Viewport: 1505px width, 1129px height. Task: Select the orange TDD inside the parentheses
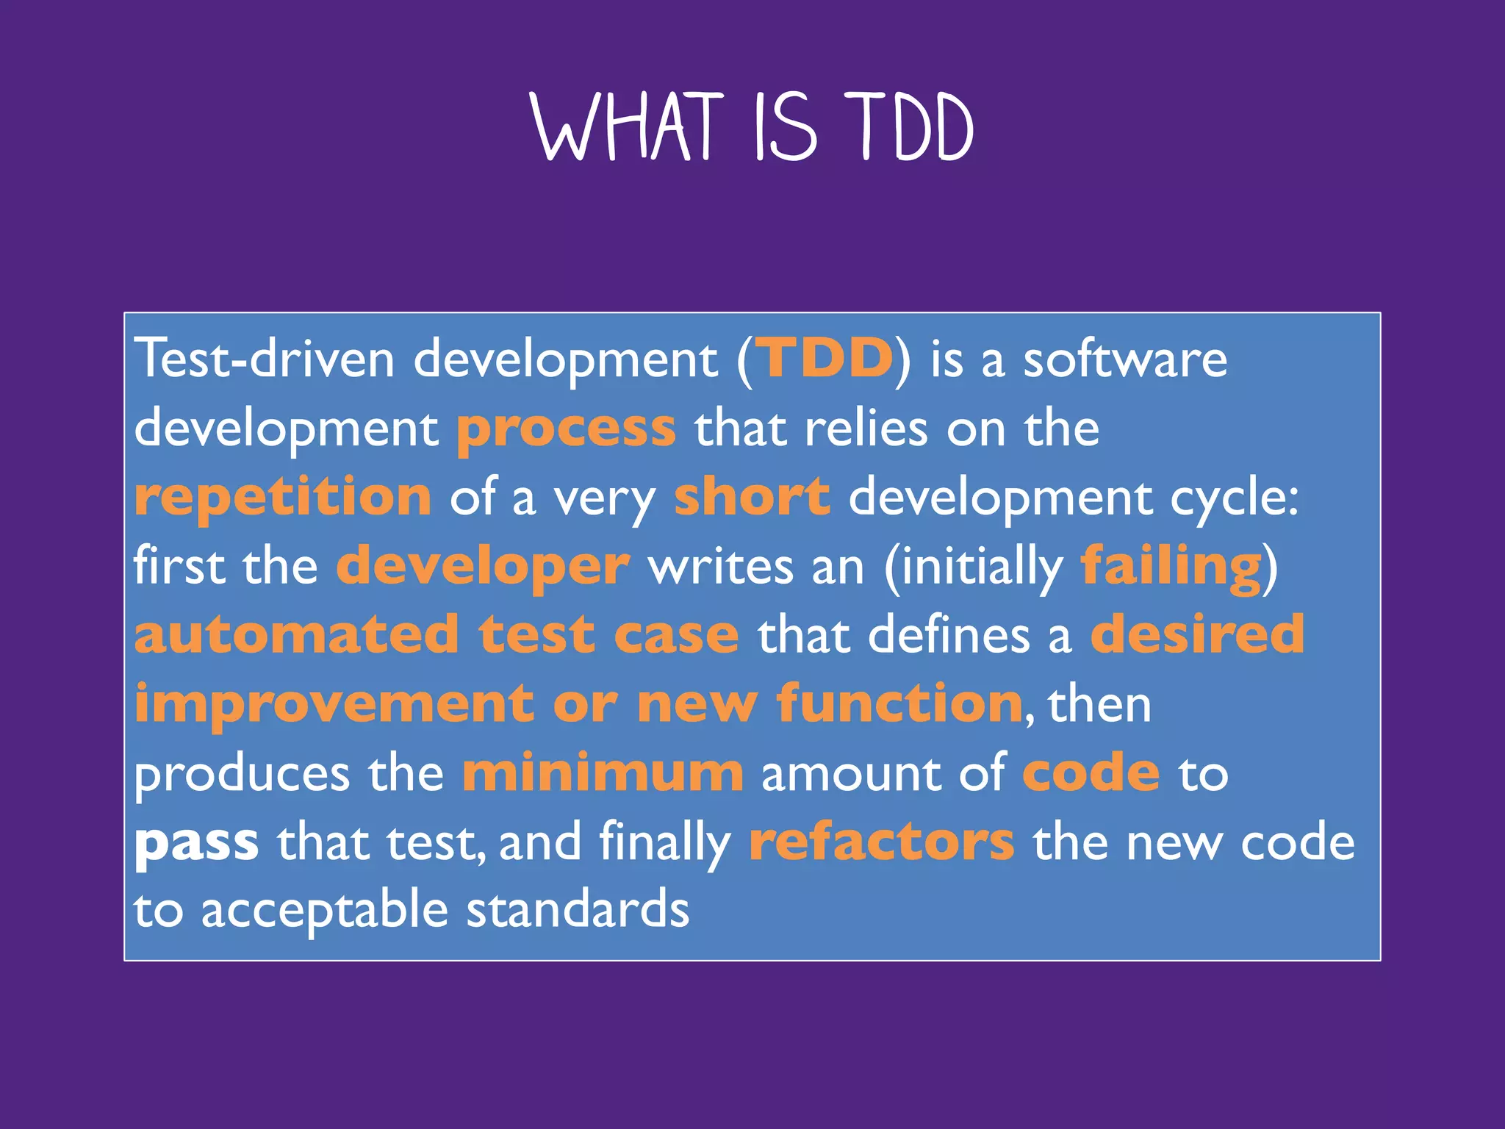[x=825, y=359]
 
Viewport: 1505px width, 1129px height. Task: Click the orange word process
[x=566, y=429]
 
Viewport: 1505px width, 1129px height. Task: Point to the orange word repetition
[x=283, y=497]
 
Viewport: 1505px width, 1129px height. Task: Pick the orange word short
[x=752, y=497]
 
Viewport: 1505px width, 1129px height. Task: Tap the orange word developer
[x=483, y=566]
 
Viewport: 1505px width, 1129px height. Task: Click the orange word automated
[x=296, y=635]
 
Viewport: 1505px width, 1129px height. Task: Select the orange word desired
[x=1197, y=635]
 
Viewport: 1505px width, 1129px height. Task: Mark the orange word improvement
[x=334, y=704]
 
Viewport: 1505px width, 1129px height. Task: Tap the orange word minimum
[x=603, y=773]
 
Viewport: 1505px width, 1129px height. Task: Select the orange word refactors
[x=882, y=842]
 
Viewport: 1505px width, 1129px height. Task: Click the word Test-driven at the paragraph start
[x=265, y=359]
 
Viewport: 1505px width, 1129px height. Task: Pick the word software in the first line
[x=1125, y=359]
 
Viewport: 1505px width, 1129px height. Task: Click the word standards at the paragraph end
[x=578, y=910]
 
